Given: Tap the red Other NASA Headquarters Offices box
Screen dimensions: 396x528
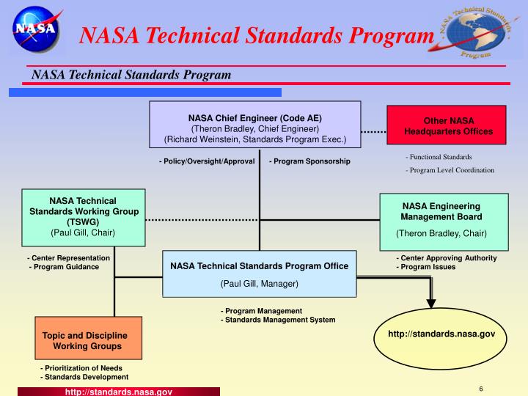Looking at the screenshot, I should (x=447, y=126).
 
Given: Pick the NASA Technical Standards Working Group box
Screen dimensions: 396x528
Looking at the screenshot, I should (x=82, y=217).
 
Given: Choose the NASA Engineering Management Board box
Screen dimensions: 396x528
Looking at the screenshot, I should (x=444, y=219).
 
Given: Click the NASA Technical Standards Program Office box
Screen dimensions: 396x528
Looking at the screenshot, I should (x=259, y=274).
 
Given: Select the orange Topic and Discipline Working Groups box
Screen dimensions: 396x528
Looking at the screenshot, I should (x=88, y=340).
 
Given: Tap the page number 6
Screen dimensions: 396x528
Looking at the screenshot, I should (x=480, y=388).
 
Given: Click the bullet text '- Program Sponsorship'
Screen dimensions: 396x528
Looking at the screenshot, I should (x=309, y=161).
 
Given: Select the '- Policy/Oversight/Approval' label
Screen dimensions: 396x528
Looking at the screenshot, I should (x=207, y=161).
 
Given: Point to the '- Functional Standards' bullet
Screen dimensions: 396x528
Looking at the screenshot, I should (x=439, y=157).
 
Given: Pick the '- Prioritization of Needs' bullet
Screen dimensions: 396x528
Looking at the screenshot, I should (x=81, y=368).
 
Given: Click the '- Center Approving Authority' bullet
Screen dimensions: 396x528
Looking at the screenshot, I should (x=447, y=258).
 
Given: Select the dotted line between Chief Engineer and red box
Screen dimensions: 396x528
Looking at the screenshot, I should (x=374, y=133).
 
